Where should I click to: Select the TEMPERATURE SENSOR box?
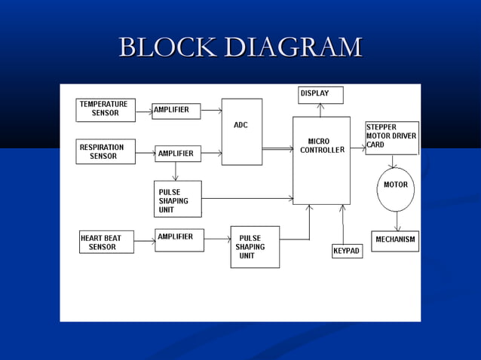(x=106, y=109)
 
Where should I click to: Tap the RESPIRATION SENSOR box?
(x=106, y=151)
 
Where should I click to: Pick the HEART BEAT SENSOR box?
(x=106, y=242)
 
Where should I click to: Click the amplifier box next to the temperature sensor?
(x=176, y=111)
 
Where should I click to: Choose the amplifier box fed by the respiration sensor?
(x=178, y=154)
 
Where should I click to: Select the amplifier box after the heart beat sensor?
(x=179, y=239)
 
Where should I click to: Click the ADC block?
(x=241, y=132)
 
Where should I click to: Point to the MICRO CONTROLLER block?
(x=321, y=160)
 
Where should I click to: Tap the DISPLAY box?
(x=320, y=95)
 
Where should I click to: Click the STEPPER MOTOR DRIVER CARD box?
(x=391, y=137)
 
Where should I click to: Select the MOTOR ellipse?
(x=395, y=190)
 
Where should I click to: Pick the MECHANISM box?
(x=395, y=241)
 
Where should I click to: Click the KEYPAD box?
(x=347, y=251)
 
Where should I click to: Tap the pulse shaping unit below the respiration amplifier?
(x=177, y=199)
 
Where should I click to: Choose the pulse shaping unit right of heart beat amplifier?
(x=255, y=247)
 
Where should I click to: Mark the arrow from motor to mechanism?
(x=397, y=221)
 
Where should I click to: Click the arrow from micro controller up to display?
(x=320, y=110)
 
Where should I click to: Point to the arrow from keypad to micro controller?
(x=342, y=224)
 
